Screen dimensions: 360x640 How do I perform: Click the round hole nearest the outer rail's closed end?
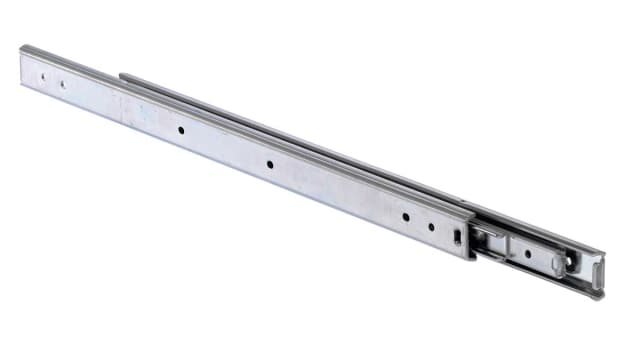coord(43,74)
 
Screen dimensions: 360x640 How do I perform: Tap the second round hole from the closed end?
coord(62,84)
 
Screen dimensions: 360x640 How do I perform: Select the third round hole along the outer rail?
coord(182,130)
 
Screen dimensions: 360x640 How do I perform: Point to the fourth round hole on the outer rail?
coord(270,164)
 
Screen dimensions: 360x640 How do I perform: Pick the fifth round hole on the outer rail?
coord(406,216)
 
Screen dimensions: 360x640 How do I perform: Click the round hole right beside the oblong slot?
coord(431,226)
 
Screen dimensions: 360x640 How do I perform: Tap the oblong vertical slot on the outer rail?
coord(457,237)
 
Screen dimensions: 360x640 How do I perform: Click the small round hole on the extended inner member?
coord(527,252)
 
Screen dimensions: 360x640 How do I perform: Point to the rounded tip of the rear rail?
coord(124,77)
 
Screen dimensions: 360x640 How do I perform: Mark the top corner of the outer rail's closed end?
coord(21,47)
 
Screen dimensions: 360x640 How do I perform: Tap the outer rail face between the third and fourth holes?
coord(226,147)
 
